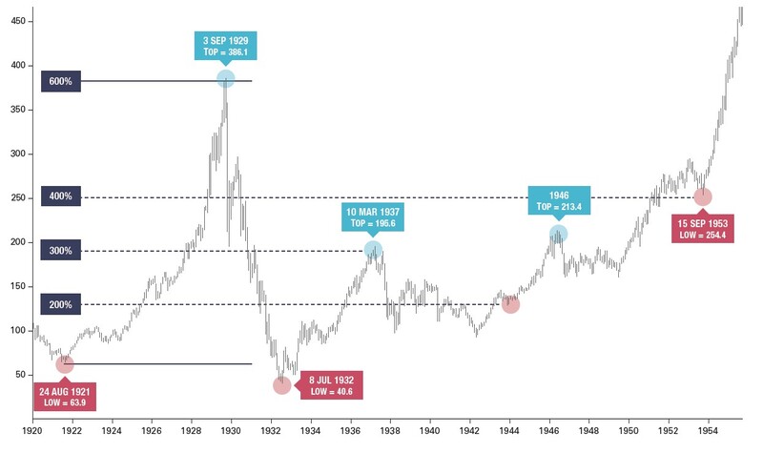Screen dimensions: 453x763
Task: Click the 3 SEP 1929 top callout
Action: [225, 45]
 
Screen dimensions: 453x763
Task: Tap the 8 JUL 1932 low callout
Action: [330, 385]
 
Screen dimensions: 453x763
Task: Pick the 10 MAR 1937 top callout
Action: [374, 216]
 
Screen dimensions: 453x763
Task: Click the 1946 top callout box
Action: [558, 201]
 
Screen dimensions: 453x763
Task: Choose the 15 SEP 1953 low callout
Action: [703, 229]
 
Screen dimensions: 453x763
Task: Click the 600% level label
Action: [61, 81]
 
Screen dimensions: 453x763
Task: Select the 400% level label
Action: [61, 196]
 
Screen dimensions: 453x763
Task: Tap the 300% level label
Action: [61, 251]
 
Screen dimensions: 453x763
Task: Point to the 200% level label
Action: [61, 304]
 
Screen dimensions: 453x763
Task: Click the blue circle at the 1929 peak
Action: [226, 79]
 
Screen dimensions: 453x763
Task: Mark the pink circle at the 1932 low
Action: [281, 384]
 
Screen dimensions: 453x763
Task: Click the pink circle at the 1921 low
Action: [65, 363]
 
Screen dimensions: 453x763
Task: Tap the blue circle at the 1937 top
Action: [373, 250]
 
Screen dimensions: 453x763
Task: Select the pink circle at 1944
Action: [510, 304]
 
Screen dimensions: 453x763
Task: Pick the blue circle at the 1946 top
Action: [558, 234]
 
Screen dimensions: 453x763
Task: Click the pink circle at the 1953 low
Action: [703, 196]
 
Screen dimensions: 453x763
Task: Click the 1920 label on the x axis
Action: [33, 430]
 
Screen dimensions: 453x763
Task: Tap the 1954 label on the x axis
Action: [708, 430]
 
